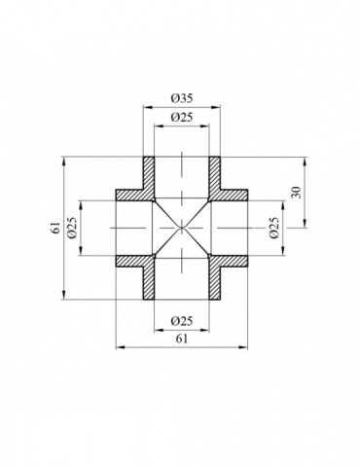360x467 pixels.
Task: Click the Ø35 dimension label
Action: (180, 97)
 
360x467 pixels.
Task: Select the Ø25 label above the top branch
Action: (180, 117)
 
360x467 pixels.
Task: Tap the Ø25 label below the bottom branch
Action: (180, 320)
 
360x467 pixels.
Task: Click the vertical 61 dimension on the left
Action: (56, 229)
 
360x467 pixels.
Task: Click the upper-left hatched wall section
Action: (142, 185)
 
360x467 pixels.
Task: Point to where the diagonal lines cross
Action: (181, 229)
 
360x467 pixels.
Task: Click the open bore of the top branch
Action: (181, 175)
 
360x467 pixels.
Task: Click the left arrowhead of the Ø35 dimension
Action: (147, 106)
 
